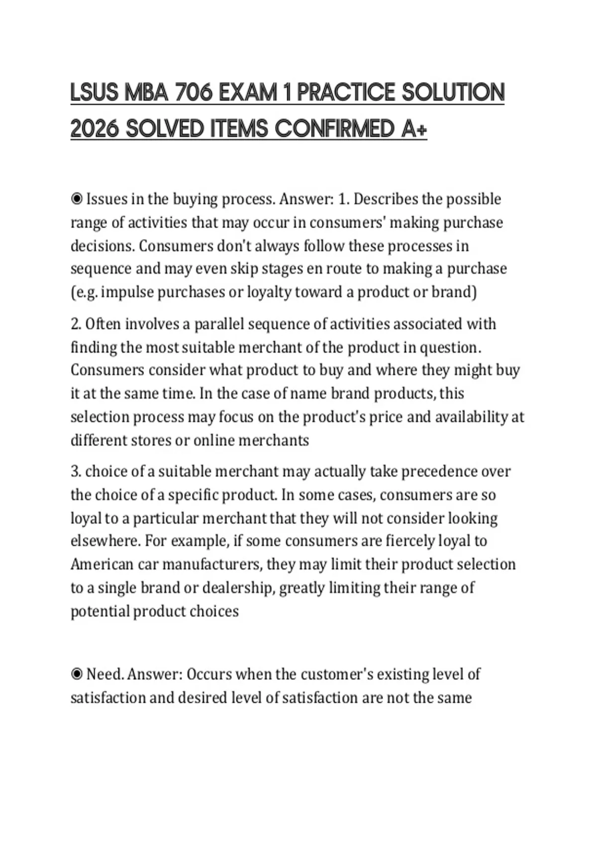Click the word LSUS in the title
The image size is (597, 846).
point(94,93)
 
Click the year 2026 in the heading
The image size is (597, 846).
point(95,129)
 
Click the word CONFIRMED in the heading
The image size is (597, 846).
point(335,129)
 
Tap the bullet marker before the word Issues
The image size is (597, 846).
point(77,199)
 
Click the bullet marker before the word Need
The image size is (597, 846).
point(77,674)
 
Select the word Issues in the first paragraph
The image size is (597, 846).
point(106,199)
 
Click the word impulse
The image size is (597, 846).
point(127,292)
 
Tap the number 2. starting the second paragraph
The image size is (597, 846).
point(76,324)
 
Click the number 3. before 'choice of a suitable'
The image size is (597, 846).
point(76,471)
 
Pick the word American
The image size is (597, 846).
point(102,564)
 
